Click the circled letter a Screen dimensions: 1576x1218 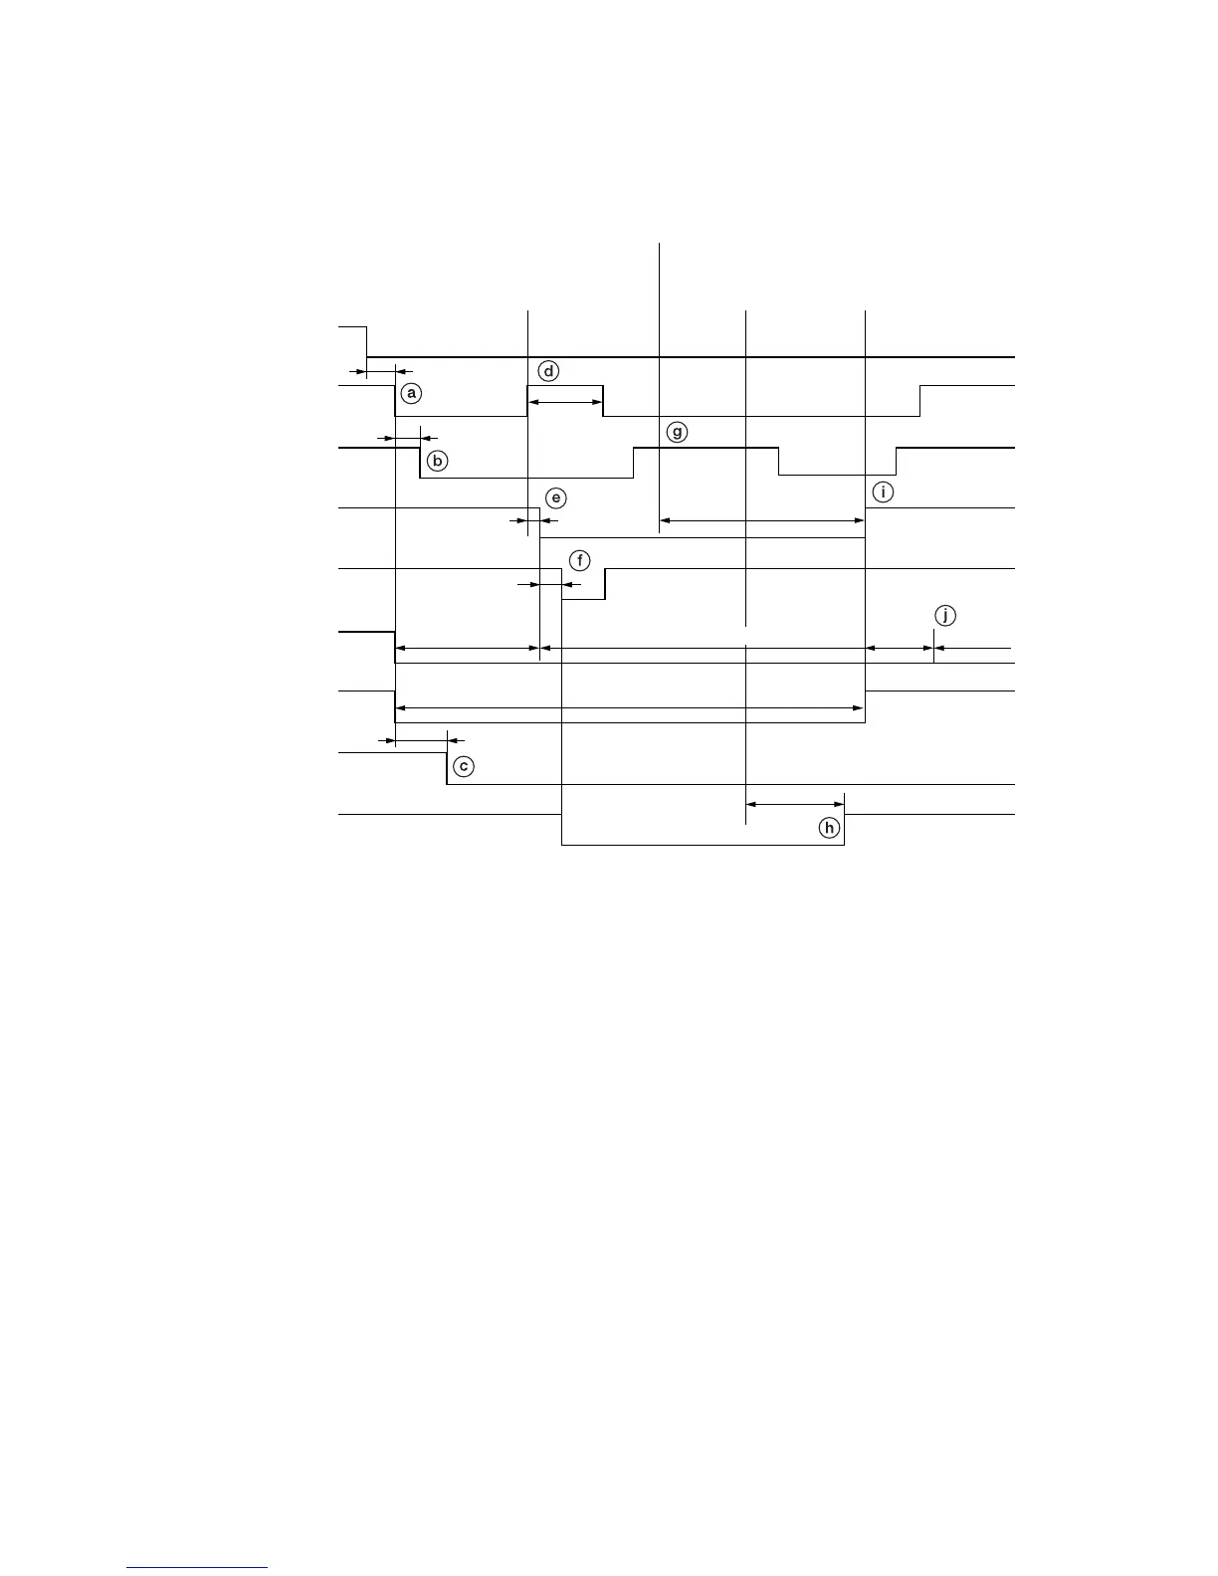click(x=409, y=394)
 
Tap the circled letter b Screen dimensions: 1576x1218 click(x=438, y=462)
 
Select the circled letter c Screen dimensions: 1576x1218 click(x=463, y=767)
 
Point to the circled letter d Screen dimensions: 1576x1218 click(x=548, y=371)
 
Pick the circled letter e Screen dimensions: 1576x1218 click(x=556, y=497)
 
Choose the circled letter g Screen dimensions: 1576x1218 click(x=677, y=433)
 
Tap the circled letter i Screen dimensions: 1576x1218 click(x=883, y=492)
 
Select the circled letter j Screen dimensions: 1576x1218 click(x=945, y=615)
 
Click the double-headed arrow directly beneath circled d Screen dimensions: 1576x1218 click(x=565, y=402)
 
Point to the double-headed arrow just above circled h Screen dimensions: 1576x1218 click(x=795, y=804)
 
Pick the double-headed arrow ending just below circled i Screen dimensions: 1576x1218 click(x=762, y=520)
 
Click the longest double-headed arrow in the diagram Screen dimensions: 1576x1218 click(x=630, y=707)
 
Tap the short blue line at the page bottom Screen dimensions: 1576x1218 click(x=198, y=1567)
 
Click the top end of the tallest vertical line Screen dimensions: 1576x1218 click(x=660, y=244)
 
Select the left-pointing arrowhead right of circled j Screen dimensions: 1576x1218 click(x=940, y=649)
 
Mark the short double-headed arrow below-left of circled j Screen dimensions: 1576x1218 click(x=900, y=649)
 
